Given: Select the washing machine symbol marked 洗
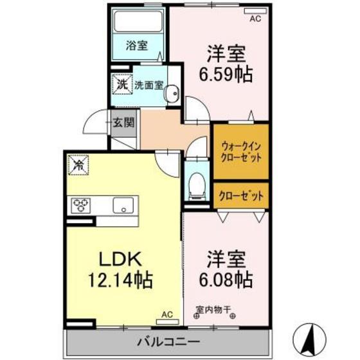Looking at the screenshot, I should [x=122, y=84].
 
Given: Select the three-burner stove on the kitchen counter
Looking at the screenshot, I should [x=82, y=205].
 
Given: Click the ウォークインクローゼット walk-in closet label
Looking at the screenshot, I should [x=240, y=152].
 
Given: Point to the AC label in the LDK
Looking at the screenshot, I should [x=167, y=315].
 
